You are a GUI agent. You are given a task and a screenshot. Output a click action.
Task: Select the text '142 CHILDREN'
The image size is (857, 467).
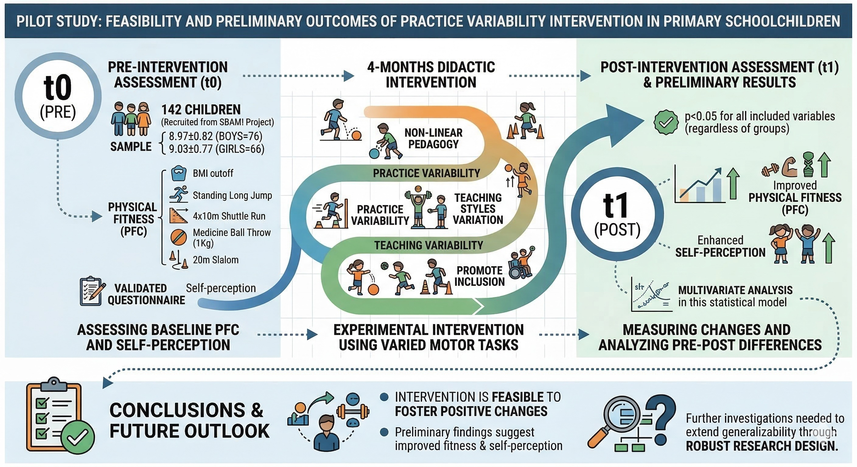click(x=201, y=110)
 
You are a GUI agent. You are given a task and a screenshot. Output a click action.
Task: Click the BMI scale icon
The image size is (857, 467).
click(x=179, y=173)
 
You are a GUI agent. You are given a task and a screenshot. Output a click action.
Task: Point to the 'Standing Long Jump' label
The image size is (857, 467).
click(x=232, y=195)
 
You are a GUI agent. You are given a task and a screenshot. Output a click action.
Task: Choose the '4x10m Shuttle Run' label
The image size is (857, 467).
click(x=229, y=216)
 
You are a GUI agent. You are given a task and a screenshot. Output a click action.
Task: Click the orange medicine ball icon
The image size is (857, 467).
click(x=179, y=237)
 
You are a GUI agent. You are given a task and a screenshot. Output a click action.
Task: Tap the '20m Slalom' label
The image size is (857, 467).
click(x=215, y=260)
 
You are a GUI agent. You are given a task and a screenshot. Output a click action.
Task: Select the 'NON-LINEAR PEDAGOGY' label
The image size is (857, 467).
click(x=433, y=138)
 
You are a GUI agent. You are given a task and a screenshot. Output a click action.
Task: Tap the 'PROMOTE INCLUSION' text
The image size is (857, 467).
click(x=479, y=276)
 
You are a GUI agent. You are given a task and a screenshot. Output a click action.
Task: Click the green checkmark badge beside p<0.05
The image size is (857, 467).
click(x=666, y=122)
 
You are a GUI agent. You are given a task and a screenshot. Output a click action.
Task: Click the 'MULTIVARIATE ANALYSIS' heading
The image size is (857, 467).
click(x=735, y=290)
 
